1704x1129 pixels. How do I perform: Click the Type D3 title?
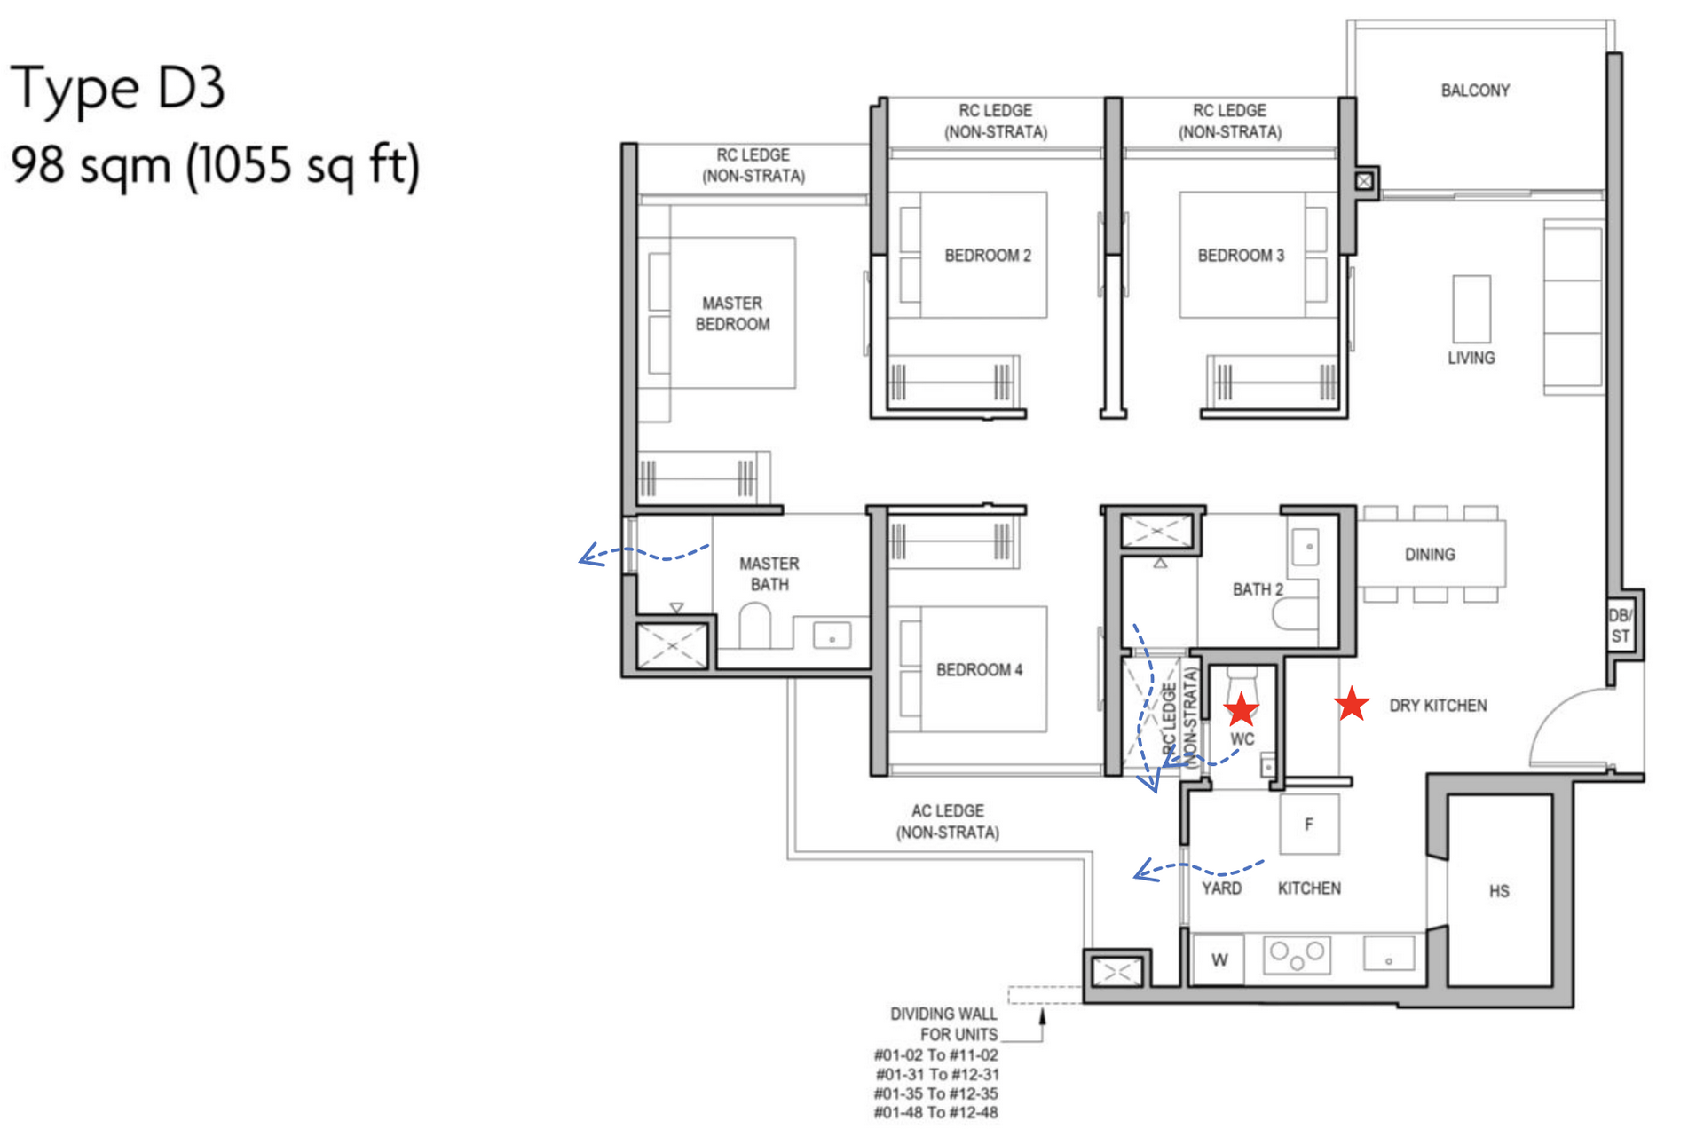(117, 88)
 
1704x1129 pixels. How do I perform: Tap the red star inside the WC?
(1241, 709)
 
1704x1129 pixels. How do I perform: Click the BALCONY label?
(1474, 91)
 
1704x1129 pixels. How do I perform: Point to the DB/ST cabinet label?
(1620, 626)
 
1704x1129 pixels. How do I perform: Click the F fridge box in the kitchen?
(1309, 825)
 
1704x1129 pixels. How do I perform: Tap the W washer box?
(1219, 959)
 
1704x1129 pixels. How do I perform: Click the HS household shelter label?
(1498, 891)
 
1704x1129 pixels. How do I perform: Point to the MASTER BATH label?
(769, 574)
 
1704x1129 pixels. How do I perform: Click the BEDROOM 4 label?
(979, 670)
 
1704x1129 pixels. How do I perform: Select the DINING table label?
(1429, 555)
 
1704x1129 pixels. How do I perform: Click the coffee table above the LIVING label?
(1471, 309)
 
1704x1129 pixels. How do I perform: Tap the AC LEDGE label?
(947, 821)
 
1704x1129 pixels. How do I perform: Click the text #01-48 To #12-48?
(935, 1112)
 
